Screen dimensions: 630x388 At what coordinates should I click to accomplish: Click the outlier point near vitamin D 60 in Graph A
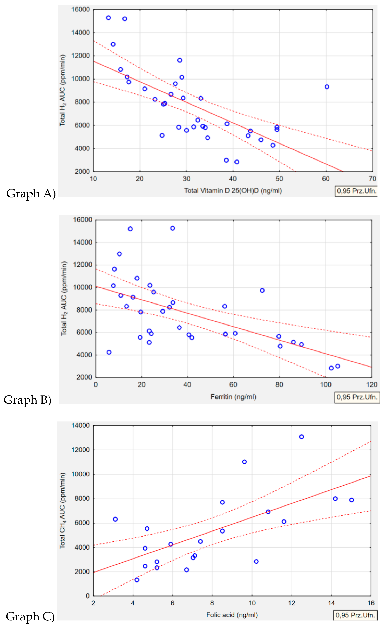327,87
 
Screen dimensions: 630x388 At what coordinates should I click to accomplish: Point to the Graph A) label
31,193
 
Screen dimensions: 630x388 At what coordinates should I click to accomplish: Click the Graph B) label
27,400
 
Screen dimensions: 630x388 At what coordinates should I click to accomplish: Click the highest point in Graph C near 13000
302,437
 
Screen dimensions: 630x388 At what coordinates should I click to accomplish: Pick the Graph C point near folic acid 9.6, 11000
244,462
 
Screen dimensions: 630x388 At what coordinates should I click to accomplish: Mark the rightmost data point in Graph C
352,500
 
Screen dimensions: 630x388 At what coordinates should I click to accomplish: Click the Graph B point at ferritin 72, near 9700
262,290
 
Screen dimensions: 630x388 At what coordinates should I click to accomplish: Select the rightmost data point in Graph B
338,366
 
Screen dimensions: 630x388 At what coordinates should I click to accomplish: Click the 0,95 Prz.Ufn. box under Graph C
355,615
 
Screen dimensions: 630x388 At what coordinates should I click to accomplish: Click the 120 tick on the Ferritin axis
372,384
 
